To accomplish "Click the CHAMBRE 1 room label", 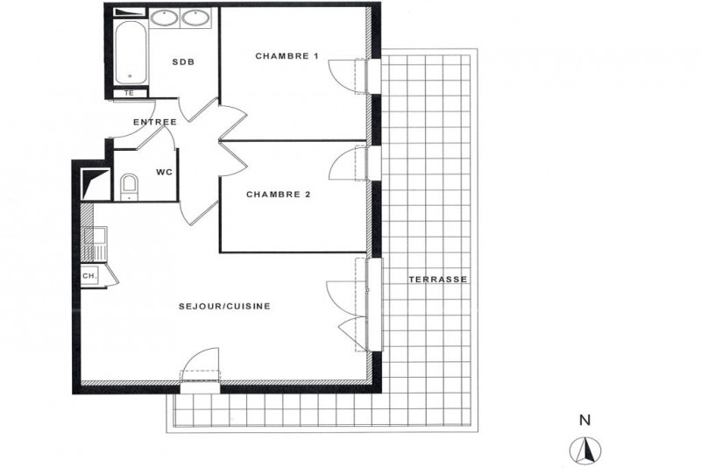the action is [x=287, y=56].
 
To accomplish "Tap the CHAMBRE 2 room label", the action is [x=278, y=195].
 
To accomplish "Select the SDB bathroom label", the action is [x=183, y=62].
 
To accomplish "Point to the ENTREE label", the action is [x=155, y=122].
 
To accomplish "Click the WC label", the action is [x=164, y=172].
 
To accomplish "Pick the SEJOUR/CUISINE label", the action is [x=224, y=306].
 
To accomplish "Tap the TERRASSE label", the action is [x=437, y=280].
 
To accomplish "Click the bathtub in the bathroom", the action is [x=131, y=53].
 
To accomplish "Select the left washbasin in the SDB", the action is [x=164, y=18].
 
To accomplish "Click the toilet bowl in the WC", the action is [x=130, y=187].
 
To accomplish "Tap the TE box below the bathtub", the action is [x=130, y=94].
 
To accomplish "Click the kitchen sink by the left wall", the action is [x=96, y=244].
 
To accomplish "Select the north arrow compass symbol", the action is [x=585, y=450].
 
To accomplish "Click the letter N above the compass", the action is [x=584, y=420].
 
